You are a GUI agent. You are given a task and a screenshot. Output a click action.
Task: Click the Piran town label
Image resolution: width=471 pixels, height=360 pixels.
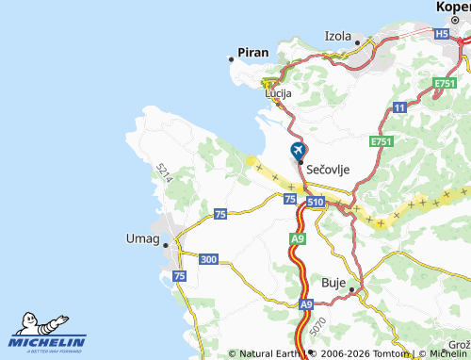pos(252,54)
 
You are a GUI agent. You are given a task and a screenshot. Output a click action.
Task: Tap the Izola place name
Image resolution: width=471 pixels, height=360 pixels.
pos(337,36)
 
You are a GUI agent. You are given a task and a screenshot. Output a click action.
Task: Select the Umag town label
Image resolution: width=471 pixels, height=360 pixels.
pos(142,238)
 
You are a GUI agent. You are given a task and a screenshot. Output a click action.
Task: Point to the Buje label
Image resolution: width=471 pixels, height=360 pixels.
pos(334,283)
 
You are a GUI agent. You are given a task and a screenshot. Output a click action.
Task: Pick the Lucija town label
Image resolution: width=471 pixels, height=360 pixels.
pos(278,94)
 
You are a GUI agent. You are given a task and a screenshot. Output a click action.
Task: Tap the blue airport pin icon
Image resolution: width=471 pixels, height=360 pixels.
pos(298,151)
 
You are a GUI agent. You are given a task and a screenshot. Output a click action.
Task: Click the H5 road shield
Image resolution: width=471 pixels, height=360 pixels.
pos(442,34)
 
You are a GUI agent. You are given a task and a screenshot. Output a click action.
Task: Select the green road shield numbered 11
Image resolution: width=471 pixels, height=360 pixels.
pos(399,108)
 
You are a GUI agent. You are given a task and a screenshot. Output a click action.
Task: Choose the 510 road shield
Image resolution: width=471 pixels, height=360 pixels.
pos(315,202)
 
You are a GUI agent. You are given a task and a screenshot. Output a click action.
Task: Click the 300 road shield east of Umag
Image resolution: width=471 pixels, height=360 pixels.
pos(209,259)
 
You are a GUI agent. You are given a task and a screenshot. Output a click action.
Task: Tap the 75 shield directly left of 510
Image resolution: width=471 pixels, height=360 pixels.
pos(290,198)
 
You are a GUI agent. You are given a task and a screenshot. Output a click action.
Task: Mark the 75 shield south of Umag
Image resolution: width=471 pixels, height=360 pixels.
pos(179,276)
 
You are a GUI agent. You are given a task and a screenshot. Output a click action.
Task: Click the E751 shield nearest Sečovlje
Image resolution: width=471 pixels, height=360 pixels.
pos(381,141)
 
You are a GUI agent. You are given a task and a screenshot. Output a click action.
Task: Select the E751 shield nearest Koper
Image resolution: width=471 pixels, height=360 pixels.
pos(446,85)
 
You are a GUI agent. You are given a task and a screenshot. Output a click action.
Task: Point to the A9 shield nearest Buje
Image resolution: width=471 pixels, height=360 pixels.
pos(306,304)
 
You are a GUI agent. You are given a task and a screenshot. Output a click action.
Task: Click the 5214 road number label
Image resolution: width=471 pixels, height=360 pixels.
pos(165,172)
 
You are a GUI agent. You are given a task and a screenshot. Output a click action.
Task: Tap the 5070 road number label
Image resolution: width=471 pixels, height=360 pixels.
pos(318,327)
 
